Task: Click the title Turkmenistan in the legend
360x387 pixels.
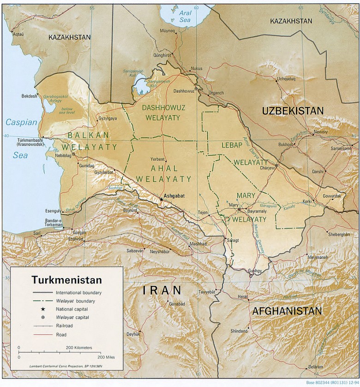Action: point(66,280)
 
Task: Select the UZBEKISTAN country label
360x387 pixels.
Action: point(293,111)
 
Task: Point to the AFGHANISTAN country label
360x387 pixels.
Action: point(287,311)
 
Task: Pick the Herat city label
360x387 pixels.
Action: point(243,296)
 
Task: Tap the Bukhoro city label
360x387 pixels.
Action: point(286,144)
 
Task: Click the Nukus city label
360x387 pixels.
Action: point(196,69)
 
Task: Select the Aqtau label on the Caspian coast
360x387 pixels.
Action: point(18,34)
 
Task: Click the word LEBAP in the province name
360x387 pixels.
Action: point(232,145)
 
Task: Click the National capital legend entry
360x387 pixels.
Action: point(72,309)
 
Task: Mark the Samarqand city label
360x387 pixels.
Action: point(341,148)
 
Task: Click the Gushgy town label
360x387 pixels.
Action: point(255,271)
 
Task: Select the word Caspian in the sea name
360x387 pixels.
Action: point(21,122)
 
